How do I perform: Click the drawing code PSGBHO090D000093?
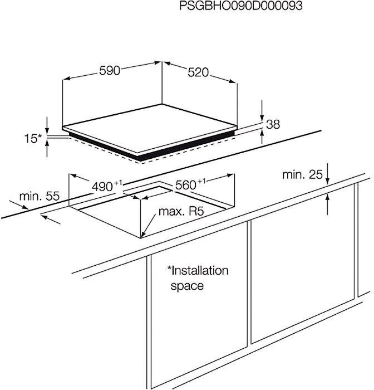(241, 6)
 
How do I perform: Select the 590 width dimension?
(110, 71)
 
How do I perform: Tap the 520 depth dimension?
(198, 72)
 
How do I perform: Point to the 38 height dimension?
(273, 124)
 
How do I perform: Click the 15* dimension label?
(33, 138)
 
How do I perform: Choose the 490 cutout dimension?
(102, 187)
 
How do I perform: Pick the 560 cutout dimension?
(186, 185)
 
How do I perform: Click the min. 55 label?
(40, 196)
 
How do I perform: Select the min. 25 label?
(302, 174)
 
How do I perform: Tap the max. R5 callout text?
(181, 211)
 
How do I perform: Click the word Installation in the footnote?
(198, 271)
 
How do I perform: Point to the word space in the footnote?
(187, 286)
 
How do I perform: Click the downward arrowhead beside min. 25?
(328, 181)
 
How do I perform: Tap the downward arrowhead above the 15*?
(47, 131)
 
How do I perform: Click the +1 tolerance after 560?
(201, 181)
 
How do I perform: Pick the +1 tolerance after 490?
(118, 183)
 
